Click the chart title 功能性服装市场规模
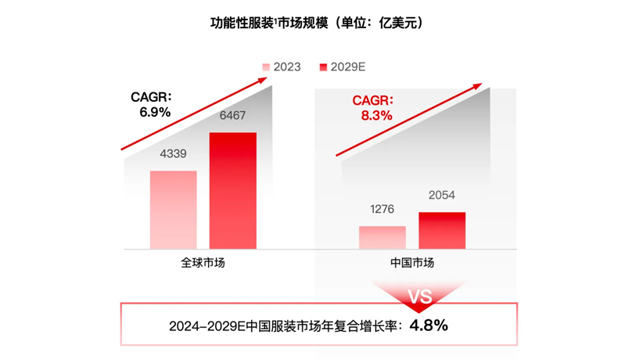tap(266, 23)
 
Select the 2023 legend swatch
tap(266, 67)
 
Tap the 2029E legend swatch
tap(323, 67)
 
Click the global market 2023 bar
tap(174, 210)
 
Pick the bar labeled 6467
tap(232, 191)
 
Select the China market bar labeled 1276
tap(383, 237)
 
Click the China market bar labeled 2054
tap(442, 230)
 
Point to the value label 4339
tap(173, 154)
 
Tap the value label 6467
tap(232, 116)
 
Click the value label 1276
tap(383, 210)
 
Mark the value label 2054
tap(442, 196)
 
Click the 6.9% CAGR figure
tap(155, 112)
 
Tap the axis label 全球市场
tap(203, 263)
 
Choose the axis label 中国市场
tap(412, 263)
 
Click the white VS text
tap(420, 297)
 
